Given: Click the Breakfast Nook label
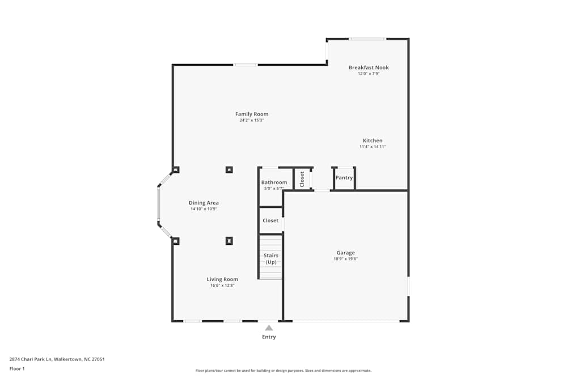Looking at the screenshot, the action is tap(369, 67).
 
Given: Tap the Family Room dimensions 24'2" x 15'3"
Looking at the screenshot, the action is tap(252, 120).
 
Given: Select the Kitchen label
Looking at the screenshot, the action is tap(373, 141).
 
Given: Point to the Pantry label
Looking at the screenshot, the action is tap(344, 178).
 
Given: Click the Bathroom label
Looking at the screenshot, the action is tap(274, 182).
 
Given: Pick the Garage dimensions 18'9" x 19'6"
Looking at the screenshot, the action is tap(345, 259).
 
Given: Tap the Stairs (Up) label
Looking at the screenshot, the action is tap(271, 259).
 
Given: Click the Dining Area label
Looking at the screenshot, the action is tap(204, 203).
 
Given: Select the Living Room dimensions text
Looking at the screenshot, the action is tap(222, 286).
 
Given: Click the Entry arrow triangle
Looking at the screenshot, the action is tap(269, 328).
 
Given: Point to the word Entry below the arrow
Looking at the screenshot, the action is tap(269, 337).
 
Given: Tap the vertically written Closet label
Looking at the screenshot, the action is tap(302, 179).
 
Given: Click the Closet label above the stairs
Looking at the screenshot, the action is tap(270, 220).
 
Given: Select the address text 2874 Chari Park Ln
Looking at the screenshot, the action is tap(31, 359).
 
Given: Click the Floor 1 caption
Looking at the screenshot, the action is tap(17, 368).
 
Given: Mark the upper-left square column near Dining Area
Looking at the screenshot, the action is tap(176, 169).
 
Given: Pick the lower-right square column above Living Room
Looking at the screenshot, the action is tap(229, 241).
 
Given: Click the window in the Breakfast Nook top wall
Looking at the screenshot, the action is tap(367, 39).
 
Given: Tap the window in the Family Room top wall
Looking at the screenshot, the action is tap(245, 65).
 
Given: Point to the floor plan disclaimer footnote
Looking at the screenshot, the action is tap(283, 371).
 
